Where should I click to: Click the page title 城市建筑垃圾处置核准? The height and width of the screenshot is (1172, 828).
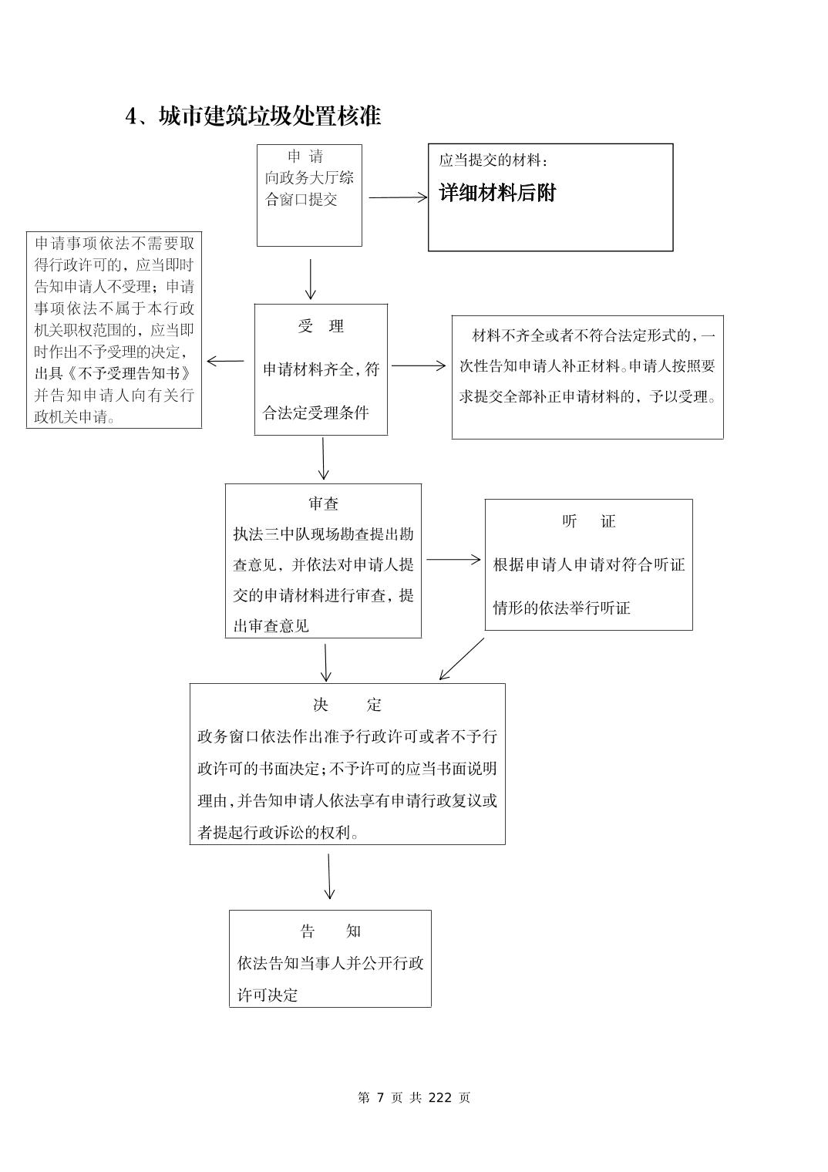click(269, 116)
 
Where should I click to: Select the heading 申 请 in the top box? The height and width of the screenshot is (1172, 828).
click(305, 157)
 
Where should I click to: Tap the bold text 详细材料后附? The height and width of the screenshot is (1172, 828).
click(497, 193)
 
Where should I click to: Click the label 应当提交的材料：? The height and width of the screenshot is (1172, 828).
click(494, 160)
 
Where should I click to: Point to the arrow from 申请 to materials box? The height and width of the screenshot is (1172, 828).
click(397, 197)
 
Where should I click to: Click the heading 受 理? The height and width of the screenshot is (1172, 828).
click(321, 326)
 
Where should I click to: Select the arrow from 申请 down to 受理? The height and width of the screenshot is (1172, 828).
click(310, 278)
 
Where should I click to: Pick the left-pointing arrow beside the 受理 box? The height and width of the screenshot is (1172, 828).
click(225, 360)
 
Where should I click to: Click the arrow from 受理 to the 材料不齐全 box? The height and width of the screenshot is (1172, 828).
click(418, 365)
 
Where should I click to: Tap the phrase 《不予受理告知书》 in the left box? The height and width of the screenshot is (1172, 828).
click(113, 374)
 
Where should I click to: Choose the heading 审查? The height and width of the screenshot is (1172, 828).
click(324, 503)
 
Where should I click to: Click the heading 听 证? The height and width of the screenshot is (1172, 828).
click(589, 521)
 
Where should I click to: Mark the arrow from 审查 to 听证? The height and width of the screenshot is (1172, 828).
click(453, 560)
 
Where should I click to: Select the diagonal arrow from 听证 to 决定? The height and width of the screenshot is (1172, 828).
click(461, 658)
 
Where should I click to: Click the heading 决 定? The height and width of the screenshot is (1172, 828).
click(347, 705)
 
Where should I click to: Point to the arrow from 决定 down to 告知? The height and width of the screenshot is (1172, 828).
click(329, 876)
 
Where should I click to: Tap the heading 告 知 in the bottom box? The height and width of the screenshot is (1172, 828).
click(330, 931)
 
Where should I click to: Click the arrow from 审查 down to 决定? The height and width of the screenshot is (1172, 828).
click(326, 662)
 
